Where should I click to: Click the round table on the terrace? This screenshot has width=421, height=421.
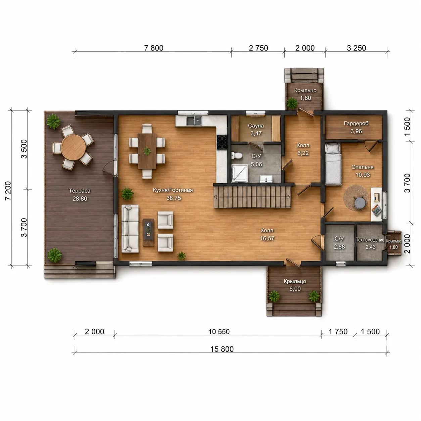click(x=73, y=147)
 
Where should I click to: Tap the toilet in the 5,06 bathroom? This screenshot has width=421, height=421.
click(x=237, y=155)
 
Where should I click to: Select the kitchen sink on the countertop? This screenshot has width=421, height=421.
click(x=194, y=121)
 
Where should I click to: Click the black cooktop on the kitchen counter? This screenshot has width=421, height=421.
click(x=222, y=142)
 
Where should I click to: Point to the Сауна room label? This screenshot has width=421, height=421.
click(x=256, y=126)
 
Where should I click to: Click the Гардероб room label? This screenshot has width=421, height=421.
click(x=356, y=124)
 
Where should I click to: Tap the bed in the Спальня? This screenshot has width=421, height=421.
click(x=333, y=164)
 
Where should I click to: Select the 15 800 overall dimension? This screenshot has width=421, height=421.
click(x=222, y=349)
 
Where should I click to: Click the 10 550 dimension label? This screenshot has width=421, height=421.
click(x=219, y=332)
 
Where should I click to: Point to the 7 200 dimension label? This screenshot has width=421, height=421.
click(x=8, y=191)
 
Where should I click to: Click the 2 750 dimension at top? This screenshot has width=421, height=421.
click(x=259, y=48)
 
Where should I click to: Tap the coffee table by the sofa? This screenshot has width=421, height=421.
click(x=148, y=232)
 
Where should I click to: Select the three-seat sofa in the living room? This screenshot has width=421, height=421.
click(x=130, y=229)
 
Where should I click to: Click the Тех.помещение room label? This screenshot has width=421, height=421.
click(x=370, y=240)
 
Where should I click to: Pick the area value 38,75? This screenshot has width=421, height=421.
click(x=174, y=198)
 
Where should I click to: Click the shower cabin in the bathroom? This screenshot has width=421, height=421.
click(x=240, y=174)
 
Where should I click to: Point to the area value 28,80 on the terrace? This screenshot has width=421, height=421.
click(x=80, y=199)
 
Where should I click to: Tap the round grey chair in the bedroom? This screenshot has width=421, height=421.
click(x=359, y=203)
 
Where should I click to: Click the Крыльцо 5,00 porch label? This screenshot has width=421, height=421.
click(x=295, y=285)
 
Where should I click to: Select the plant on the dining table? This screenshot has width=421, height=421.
click(x=147, y=151)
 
